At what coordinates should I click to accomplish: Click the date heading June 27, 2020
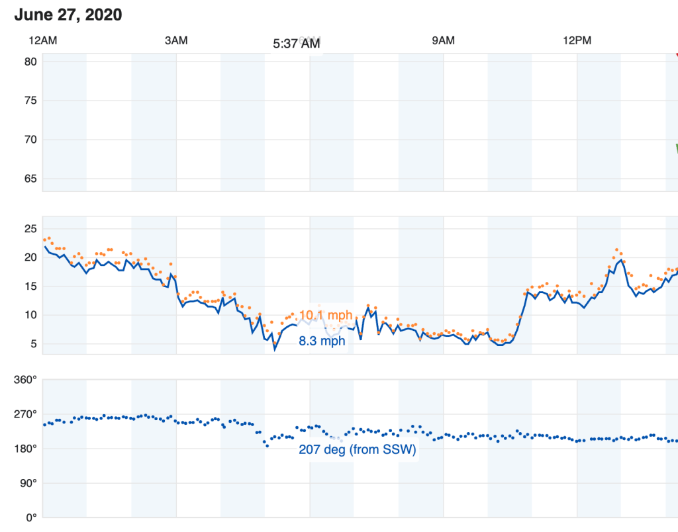68,15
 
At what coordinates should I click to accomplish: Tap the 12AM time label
42,40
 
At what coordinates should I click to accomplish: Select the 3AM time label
176,40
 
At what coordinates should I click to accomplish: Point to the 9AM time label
443,40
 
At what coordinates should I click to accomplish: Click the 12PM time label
577,40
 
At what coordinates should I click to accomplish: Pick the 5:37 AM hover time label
297,44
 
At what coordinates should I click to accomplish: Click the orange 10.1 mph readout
326,315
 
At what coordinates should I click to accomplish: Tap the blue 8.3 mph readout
322,341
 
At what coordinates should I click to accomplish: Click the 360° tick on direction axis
26,380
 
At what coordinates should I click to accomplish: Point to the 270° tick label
26,414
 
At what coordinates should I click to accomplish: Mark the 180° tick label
26,449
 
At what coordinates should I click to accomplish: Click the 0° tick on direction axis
31,517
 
